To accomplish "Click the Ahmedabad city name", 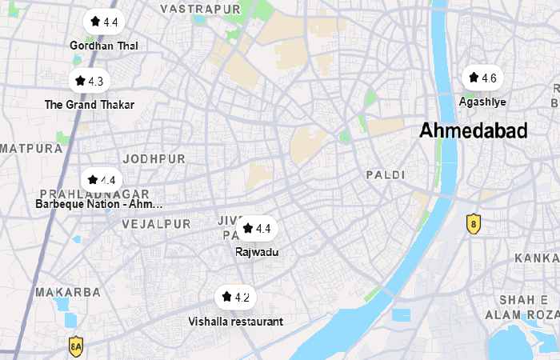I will [474, 131].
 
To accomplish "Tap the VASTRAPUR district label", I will [200, 9].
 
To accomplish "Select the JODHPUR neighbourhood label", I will [154, 159].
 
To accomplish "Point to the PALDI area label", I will [386, 174].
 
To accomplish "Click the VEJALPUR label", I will [157, 224].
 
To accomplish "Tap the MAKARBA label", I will [68, 292].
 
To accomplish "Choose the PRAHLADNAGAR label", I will [94, 194].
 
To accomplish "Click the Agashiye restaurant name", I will [482, 102].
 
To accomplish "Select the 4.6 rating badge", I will [482, 78].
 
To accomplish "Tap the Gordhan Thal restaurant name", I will [104, 46].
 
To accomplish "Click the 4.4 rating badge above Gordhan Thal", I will [104, 22].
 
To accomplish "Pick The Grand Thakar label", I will [90, 105].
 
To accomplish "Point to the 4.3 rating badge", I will [89, 81].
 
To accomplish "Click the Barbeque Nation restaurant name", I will [99, 205].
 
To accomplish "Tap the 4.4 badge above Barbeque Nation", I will [102, 181].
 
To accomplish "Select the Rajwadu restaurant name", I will [257, 252].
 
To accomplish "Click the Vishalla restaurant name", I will [236, 322].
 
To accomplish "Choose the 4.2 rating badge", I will [235, 298].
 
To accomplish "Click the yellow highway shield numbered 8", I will [474, 224].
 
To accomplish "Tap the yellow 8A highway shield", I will [76, 347].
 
